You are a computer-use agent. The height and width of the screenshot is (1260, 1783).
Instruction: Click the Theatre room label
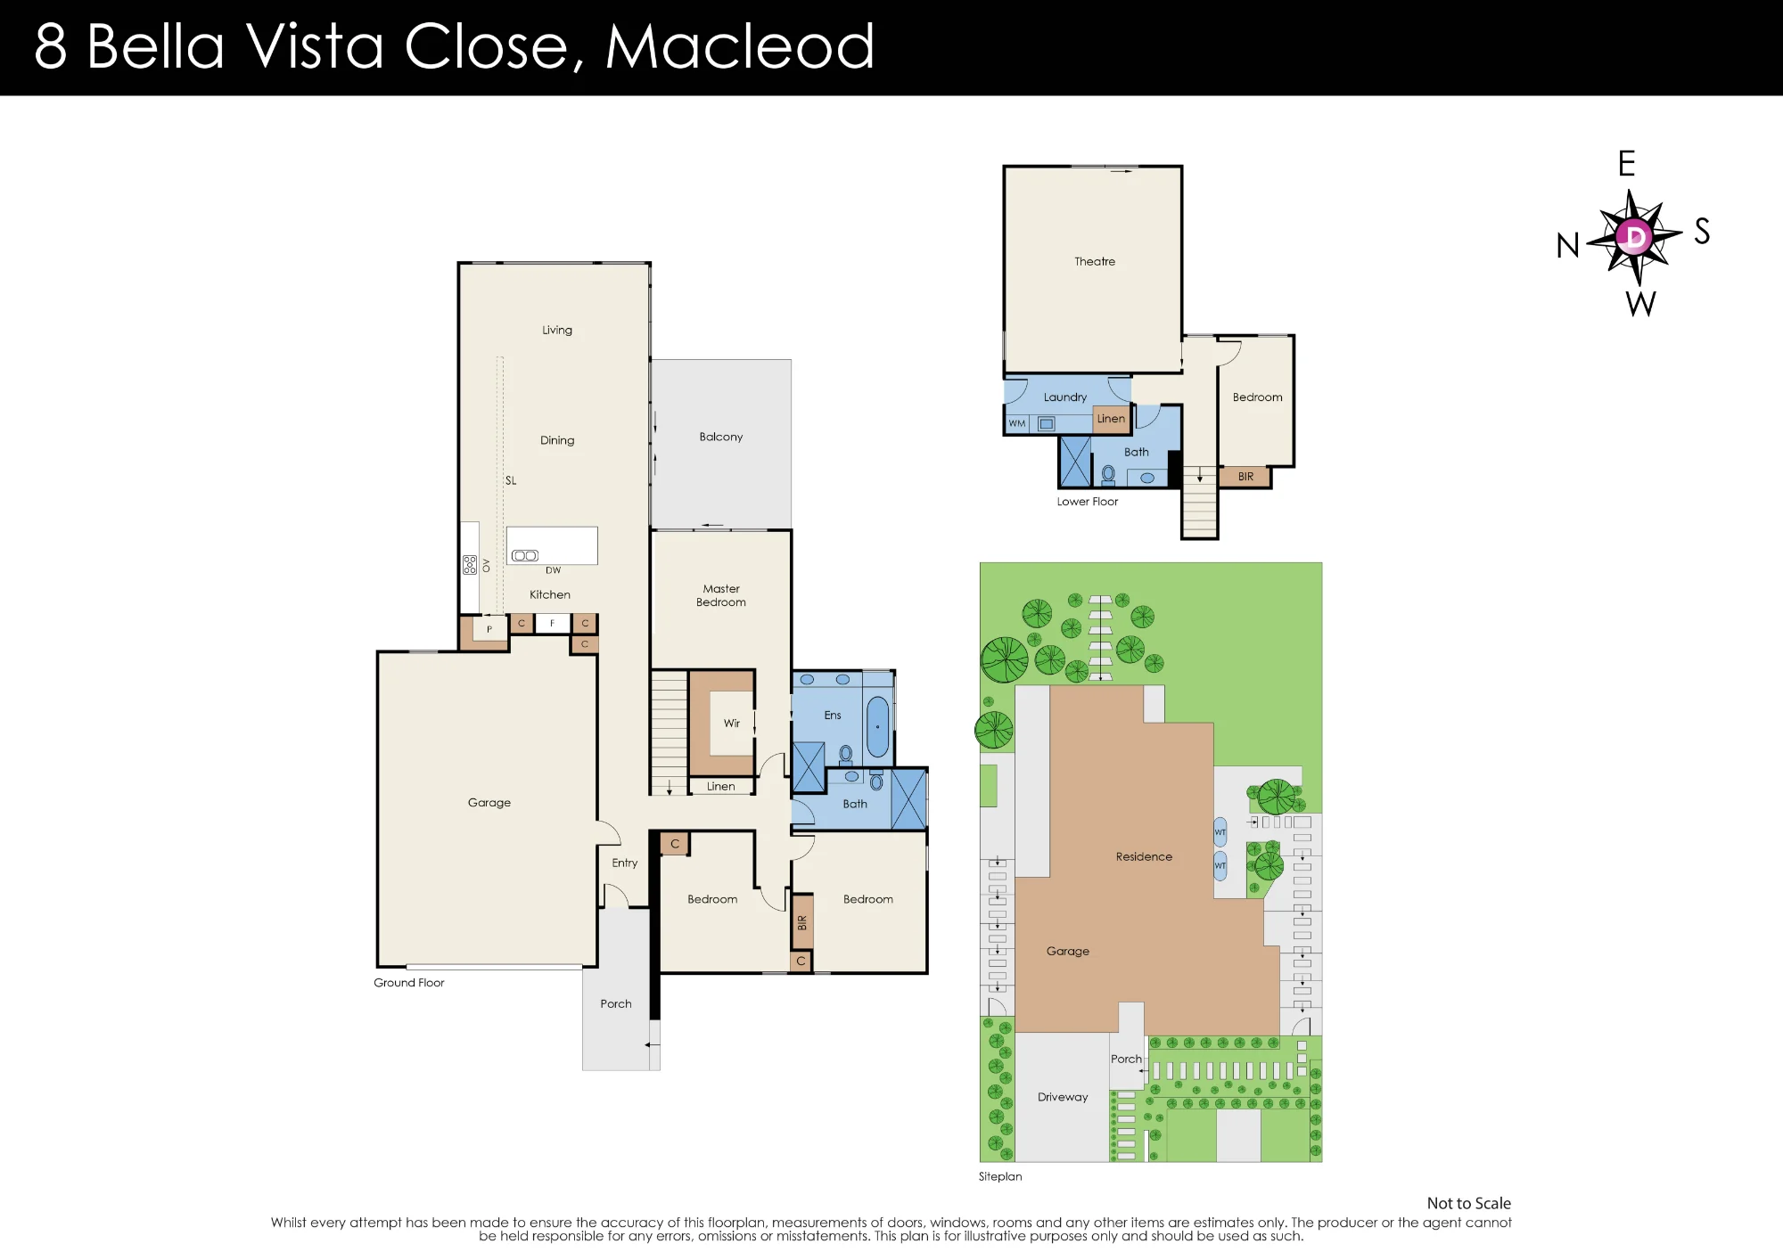(x=1095, y=261)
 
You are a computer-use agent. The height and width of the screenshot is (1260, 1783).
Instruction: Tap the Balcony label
(x=721, y=437)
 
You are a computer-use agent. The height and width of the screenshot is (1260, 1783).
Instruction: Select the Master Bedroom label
(x=721, y=595)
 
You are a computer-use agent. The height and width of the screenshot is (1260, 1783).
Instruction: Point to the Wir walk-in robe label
(x=732, y=724)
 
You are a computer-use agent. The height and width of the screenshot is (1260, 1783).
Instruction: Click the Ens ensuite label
(x=833, y=716)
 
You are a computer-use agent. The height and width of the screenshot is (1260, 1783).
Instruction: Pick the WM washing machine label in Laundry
(x=1017, y=424)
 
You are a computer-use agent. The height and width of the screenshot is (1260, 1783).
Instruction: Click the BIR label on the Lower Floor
(x=1245, y=477)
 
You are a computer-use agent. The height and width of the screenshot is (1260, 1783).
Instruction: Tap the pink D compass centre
(x=1635, y=236)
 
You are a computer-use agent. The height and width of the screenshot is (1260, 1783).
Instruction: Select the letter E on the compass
(x=1627, y=164)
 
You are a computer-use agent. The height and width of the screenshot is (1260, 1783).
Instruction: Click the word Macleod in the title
(x=740, y=46)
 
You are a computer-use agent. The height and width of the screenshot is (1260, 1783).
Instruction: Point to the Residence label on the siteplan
(x=1144, y=856)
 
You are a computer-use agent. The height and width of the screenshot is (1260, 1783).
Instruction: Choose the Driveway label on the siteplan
(x=1063, y=1097)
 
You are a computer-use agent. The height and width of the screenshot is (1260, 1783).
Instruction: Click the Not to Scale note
(x=1468, y=1203)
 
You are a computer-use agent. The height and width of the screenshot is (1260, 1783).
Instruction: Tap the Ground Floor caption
(x=409, y=983)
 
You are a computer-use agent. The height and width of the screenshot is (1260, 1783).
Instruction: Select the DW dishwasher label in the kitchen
(x=554, y=570)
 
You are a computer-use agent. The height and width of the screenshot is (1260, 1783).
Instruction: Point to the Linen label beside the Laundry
(x=1111, y=419)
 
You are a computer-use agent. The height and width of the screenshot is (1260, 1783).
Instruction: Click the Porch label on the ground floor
(x=616, y=1003)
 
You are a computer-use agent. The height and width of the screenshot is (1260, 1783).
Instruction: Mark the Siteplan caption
(x=1000, y=1176)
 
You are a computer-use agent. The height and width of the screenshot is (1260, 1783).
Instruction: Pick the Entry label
(x=625, y=863)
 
